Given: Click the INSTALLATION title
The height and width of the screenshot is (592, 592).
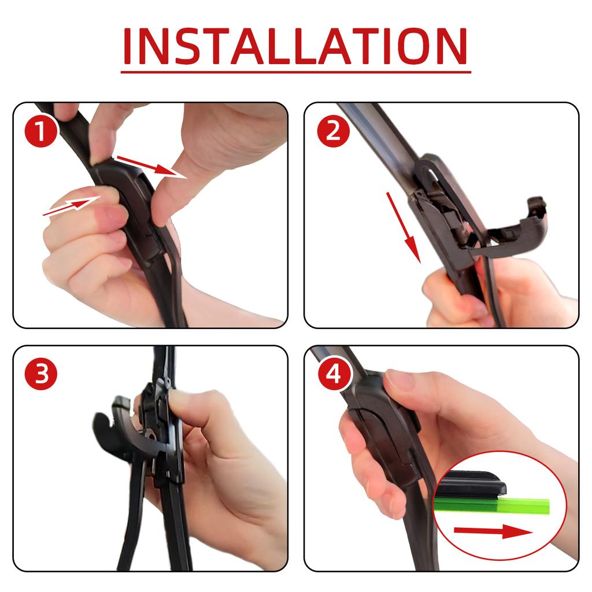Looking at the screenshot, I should [x=295, y=46].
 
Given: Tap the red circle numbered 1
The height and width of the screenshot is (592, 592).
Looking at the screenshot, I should [x=41, y=132].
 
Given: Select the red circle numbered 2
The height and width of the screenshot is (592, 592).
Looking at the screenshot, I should [x=333, y=132].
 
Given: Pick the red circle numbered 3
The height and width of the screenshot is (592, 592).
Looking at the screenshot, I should [x=41, y=375].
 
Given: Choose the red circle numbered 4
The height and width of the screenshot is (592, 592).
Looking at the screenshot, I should [x=333, y=375].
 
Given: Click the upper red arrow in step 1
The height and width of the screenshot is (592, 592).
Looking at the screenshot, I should [x=150, y=165].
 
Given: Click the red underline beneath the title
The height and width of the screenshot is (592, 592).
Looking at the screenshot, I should [x=295, y=72].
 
